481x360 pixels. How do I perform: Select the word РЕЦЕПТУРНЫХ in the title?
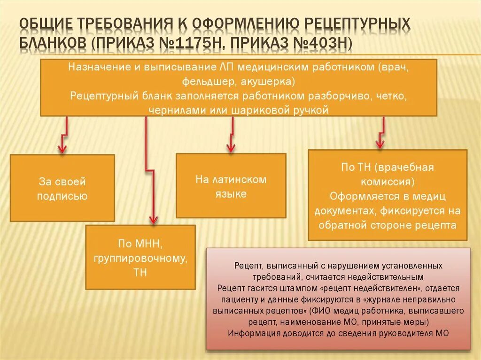coord(358,23)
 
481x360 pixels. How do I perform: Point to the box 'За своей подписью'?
coord(62,188)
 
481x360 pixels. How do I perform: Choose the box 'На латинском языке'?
coord(231,186)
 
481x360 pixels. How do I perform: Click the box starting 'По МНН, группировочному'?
coord(140,257)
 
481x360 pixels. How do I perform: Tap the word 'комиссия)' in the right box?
coord(388,181)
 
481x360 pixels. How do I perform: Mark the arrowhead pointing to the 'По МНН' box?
coord(153,219)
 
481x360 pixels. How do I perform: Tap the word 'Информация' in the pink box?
coord(252,333)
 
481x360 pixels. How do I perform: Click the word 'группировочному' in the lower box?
coord(140,258)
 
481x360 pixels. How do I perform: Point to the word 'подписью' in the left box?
coord(62,196)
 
